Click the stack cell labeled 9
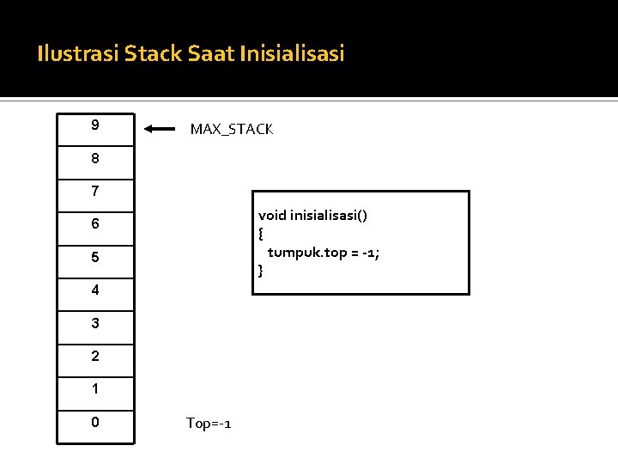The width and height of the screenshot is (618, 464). [x=95, y=129]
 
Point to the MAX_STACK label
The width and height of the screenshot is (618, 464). [x=231, y=130]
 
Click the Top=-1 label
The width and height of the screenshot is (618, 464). [x=209, y=424]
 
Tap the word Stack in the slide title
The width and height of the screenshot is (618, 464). [x=151, y=54]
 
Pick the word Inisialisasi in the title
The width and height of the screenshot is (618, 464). [x=293, y=54]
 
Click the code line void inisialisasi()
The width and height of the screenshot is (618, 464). [x=312, y=216]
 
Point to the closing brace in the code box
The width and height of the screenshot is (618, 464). [x=261, y=272]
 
